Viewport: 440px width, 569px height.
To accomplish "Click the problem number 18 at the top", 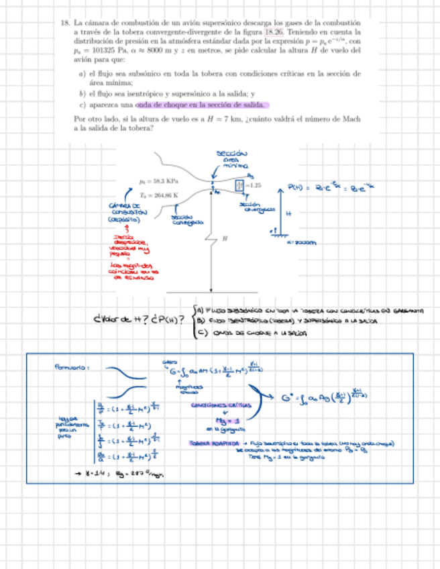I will point(64,23).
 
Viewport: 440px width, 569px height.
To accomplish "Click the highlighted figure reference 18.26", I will point(272,32).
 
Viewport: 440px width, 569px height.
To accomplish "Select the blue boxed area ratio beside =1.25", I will point(240,185).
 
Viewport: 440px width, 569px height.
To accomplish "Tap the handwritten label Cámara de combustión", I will point(124,212).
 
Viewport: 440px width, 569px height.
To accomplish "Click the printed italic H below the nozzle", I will point(225,238).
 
